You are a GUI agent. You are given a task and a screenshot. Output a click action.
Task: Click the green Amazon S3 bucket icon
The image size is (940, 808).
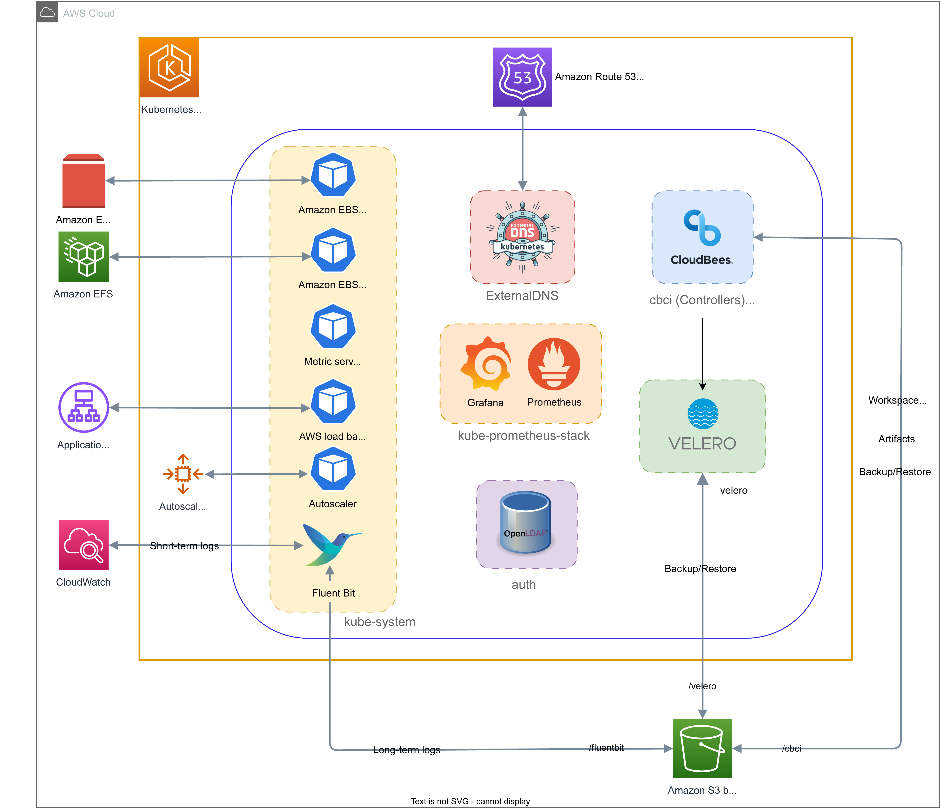(702, 748)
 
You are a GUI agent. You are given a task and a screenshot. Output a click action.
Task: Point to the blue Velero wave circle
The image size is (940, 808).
(703, 414)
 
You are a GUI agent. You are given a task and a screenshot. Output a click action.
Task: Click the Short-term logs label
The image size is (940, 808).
(184, 546)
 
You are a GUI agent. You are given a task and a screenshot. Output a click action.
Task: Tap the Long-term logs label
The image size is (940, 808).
(407, 750)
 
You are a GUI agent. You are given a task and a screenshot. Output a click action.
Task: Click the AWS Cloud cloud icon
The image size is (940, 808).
(47, 12)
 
